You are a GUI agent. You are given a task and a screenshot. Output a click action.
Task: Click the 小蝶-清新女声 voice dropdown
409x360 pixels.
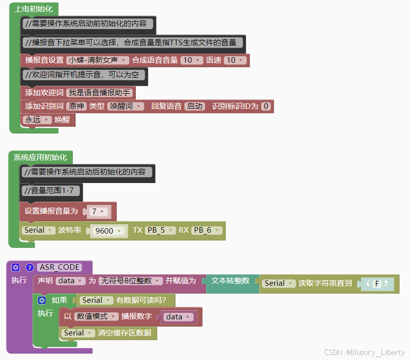pyautogui.click(x=98, y=60)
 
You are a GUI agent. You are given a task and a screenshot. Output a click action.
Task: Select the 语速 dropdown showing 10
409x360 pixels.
pyautogui.click(x=235, y=60)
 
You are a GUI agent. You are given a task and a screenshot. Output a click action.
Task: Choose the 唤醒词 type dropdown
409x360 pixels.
pyautogui.click(x=125, y=106)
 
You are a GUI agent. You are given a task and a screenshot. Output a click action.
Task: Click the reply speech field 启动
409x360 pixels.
pyautogui.click(x=195, y=106)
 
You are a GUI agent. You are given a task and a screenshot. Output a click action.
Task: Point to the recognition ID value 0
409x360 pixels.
pyautogui.click(x=266, y=106)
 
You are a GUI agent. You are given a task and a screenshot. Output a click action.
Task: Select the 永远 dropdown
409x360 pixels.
pyautogui.click(x=37, y=120)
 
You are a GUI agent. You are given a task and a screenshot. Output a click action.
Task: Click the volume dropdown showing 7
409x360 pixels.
pyautogui.click(x=98, y=212)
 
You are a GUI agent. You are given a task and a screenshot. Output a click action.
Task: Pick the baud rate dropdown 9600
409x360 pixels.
pyautogui.click(x=107, y=231)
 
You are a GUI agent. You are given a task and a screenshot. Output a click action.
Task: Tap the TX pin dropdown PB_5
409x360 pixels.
pyautogui.click(x=160, y=231)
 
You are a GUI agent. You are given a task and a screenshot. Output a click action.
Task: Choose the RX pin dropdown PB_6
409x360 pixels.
pyautogui.click(x=207, y=231)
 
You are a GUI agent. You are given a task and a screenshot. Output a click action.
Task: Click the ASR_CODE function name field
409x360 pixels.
pyautogui.click(x=59, y=267)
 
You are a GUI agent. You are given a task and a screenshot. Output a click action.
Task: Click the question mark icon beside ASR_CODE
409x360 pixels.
pyautogui.click(x=30, y=267)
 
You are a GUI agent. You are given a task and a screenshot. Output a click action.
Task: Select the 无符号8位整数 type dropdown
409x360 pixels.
pyautogui.click(x=130, y=281)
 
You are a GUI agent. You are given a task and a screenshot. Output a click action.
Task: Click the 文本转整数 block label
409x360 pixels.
pyautogui.click(x=230, y=281)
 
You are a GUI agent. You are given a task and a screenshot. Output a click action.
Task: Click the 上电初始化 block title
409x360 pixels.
pyautogui.click(x=34, y=9)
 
